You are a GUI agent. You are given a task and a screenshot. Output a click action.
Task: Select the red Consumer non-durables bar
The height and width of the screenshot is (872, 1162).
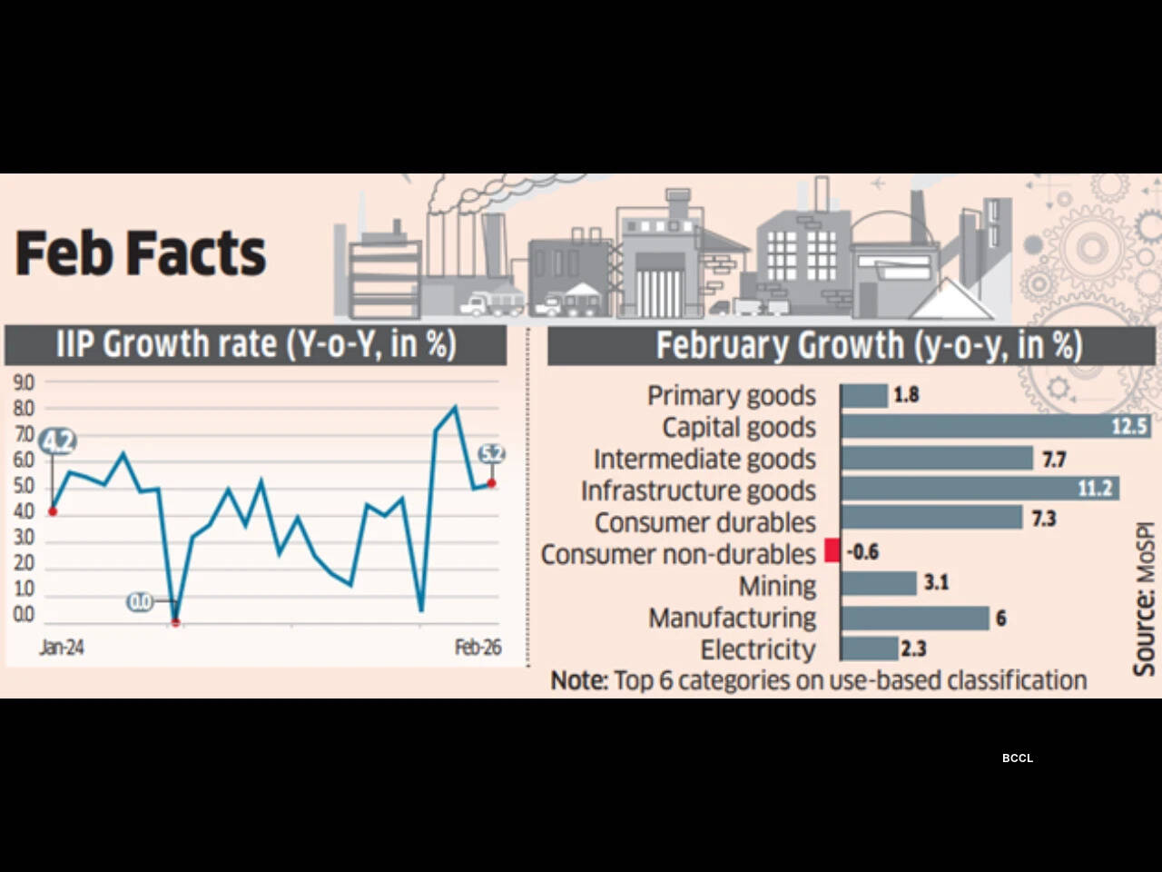(832, 551)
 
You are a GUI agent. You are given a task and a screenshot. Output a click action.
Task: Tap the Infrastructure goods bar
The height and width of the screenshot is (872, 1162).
(979, 489)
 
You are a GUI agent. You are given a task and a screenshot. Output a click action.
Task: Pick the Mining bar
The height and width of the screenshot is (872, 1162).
(878, 583)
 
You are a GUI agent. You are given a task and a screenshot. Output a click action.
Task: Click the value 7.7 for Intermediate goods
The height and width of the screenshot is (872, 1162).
(1053, 460)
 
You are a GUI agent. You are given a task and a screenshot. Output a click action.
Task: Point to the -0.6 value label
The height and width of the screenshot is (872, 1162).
(862, 552)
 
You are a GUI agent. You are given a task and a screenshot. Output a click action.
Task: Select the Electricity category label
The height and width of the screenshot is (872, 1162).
(758, 649)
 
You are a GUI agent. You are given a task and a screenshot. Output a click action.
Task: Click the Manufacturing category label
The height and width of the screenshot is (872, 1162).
(732, 618)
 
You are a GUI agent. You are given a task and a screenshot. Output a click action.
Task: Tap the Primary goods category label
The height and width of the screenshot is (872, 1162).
(731, 396)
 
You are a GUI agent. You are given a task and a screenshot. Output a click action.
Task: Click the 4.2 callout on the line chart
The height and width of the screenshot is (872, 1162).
(58, 442)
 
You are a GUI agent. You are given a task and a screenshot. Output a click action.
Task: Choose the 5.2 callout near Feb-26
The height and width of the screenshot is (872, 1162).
(491, 453)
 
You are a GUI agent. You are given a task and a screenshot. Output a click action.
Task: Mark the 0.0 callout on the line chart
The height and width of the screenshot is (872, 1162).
(140, 601)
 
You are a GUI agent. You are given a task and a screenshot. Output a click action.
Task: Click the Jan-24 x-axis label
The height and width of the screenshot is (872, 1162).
(62, 648)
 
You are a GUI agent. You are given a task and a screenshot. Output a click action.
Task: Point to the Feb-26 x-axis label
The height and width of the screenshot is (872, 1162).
(478, 648)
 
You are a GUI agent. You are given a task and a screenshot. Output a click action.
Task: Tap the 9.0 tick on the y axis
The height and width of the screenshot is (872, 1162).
(24, 383)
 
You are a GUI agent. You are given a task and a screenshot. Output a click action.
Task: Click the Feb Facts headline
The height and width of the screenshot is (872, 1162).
(141, 253)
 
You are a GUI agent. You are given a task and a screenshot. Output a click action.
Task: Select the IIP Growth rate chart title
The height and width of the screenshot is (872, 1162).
(255, 345)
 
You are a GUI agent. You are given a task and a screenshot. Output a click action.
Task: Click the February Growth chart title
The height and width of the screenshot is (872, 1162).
(869, 346)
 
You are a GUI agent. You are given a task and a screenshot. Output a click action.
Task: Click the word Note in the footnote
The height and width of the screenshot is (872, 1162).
(578, 680)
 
